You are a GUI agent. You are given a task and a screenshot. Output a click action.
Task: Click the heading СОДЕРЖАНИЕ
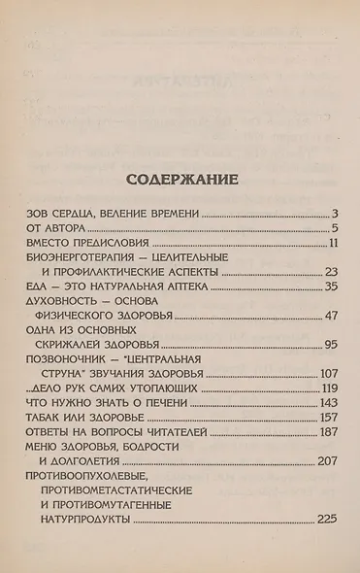coord(181,180)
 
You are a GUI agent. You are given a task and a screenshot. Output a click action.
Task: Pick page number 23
coord(329,272)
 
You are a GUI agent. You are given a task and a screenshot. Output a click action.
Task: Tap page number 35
coord(329,286)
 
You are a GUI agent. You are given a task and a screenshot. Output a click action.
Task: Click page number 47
coord(329,316)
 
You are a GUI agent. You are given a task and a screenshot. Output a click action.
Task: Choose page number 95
coord(329,345)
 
